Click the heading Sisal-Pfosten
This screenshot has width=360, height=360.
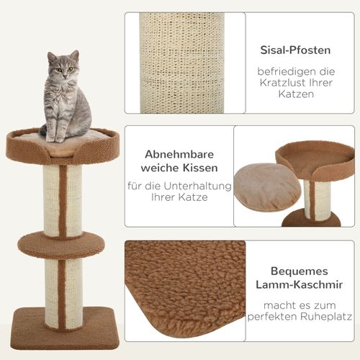point(294,50)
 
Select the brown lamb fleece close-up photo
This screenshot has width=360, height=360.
point(184,288)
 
